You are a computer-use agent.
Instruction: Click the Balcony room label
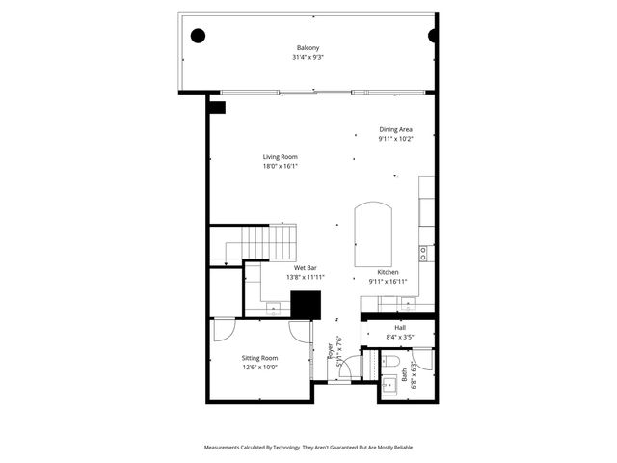(x=308, y=48)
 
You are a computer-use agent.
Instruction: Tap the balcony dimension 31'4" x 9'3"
(x=308, y=58)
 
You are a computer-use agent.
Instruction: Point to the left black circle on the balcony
(x=199, y=36)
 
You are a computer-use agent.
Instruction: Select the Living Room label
(x=281, y=157)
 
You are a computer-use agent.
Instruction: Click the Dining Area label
(x=396, y=129)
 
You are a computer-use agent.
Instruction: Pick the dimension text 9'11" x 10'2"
(x=396, y=139)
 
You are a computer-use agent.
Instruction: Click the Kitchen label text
(x=389, y=273)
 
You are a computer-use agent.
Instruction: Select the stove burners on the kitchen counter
(x=423, y=253)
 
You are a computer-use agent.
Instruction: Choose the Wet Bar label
(x=306, y=268)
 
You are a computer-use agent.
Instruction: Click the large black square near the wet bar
(x=307, y=304)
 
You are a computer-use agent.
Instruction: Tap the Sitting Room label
(x=259, y=358)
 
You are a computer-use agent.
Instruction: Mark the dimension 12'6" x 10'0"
(x=259, y=368)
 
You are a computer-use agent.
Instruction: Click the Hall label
(x=399, y=328)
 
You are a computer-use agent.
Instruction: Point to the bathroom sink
(x=389, y=387)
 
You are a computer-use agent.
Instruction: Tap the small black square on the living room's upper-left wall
(x=219, y=107)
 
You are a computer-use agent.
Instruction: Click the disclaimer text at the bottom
(x=308, y=448)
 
